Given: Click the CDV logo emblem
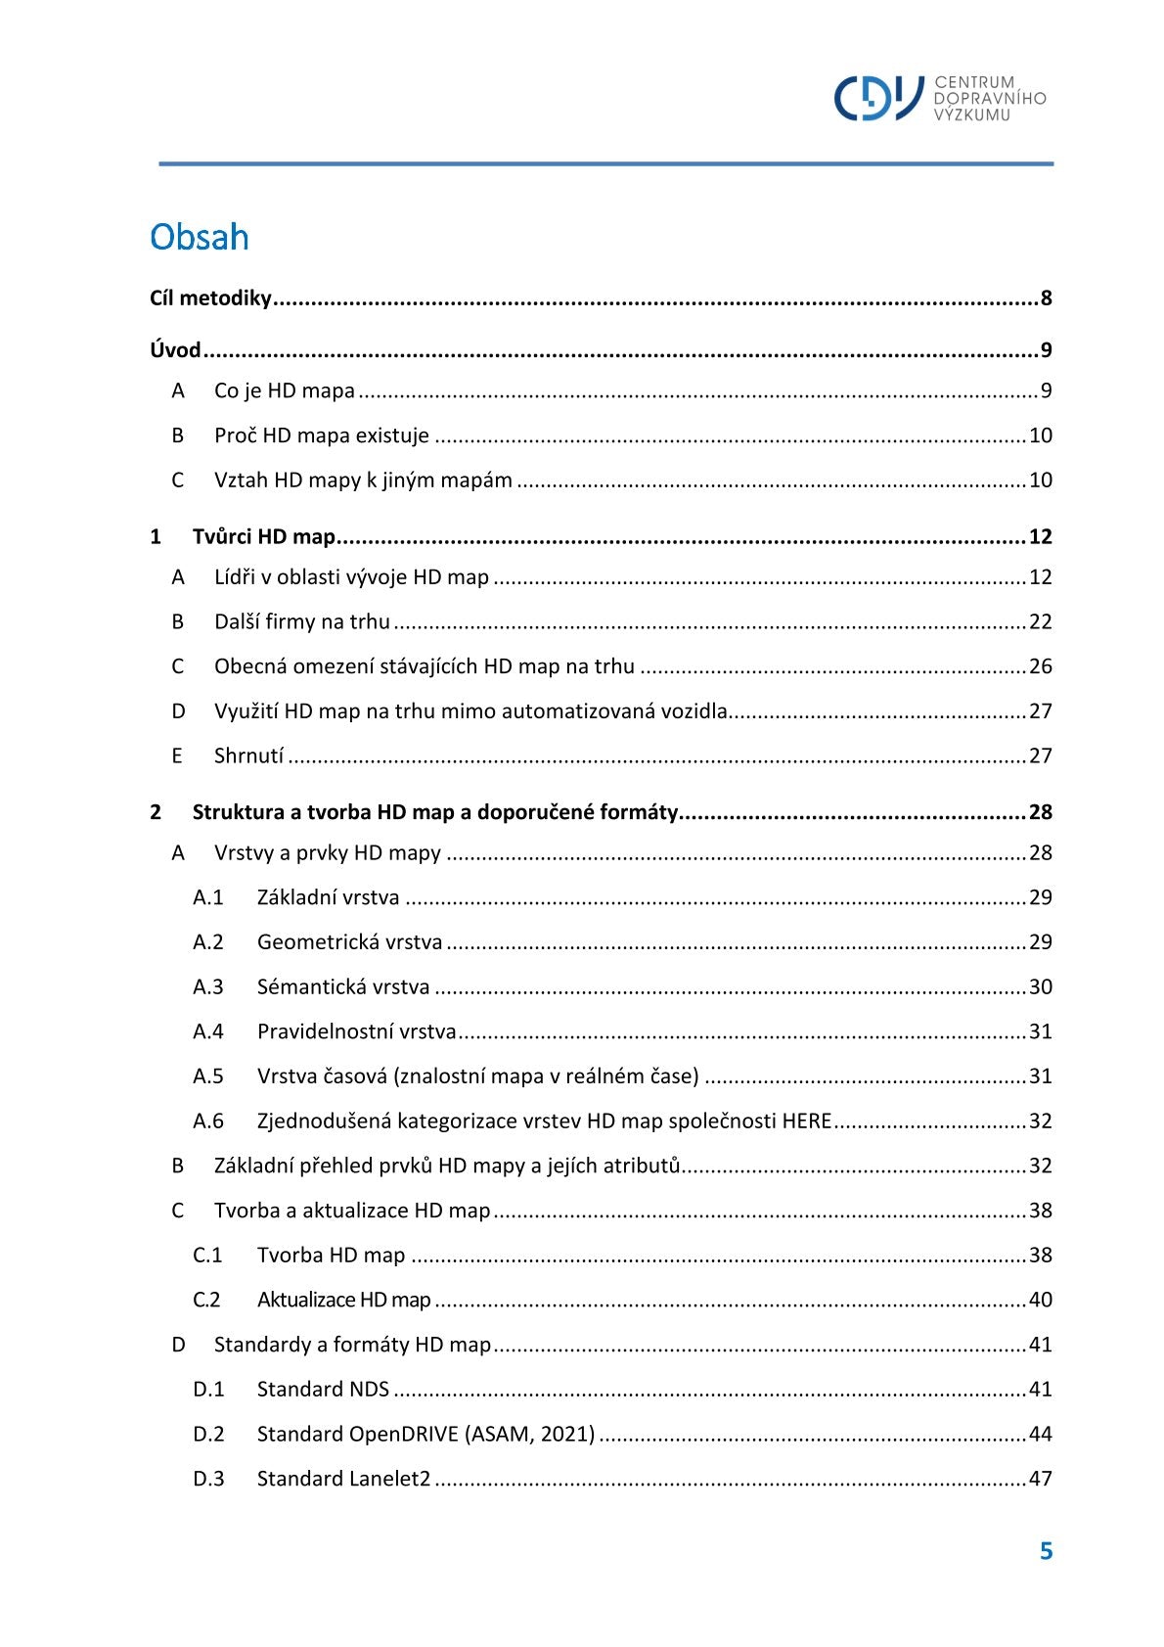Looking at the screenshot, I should pyautogui.click(x=877, y=98).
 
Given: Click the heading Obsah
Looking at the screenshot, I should pyautogui.click(x=200, y=238).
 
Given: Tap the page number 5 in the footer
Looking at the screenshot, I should pyautogui.click(x=1046, y=1551).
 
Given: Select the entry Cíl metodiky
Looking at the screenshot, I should pyautogui.click(x=210, y=298).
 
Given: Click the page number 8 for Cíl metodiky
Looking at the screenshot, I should pyautogui.click(x=1046, y=298).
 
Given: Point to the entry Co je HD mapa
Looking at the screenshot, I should pyautogui.click(x=284, y=390).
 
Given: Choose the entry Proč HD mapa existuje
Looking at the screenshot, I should pyautogui.click(x=321, y=435).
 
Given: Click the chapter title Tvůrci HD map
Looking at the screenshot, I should pyautogui.click(x=263, y=536).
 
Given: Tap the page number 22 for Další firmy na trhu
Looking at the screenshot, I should pyautogui.click(x=1040, y=621).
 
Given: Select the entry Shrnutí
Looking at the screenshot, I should pyautogui.click(x=248, y=755).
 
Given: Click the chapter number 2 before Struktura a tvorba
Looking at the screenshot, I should pyautogui.click(x=156, y=812).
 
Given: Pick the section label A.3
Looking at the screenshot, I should pyautogui.click(x=207, y=986).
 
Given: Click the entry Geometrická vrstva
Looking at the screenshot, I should pyautogui.click(x=349, y=942).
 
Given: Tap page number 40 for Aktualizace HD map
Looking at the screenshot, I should pyautogui.click(x=1040, y=1300).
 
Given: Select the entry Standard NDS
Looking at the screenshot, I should pyautogui.click(x=323, y=1390).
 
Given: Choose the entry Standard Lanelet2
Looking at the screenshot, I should pyautogui.click(x=343, y=1479).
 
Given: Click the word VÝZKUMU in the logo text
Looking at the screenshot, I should pyautogui.click(x=971, y=115).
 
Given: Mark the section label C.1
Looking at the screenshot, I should pyautogui.click(x=207, y=1256).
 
